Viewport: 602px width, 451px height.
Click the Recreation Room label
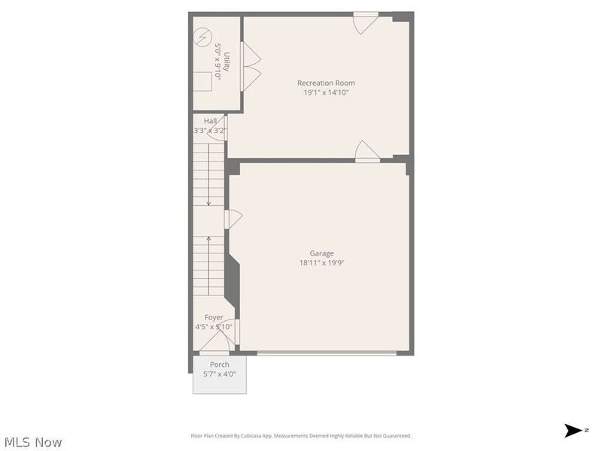tap(326, 83)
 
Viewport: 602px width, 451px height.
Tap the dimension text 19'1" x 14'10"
tap(326, 92)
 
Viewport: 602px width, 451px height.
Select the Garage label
tap(321, 253)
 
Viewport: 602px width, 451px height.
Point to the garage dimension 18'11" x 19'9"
tap(321, 263)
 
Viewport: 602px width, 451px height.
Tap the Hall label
tap(211, 120)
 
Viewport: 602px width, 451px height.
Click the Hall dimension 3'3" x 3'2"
tap(211, 130)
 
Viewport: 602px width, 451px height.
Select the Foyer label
tap(214, 317)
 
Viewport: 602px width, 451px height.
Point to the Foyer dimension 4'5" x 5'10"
tap(214, 327)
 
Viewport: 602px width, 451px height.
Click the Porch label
tap(220, 365)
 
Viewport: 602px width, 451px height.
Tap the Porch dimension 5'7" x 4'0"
tap(220, 374)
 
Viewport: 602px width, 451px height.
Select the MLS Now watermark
tap(33, 442)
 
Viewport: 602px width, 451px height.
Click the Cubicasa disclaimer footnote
tap(300, 436)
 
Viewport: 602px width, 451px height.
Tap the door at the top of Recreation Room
tap(365, 21)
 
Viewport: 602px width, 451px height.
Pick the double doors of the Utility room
tap(250, 66)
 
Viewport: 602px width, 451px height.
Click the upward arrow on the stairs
tap(208, 245)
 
